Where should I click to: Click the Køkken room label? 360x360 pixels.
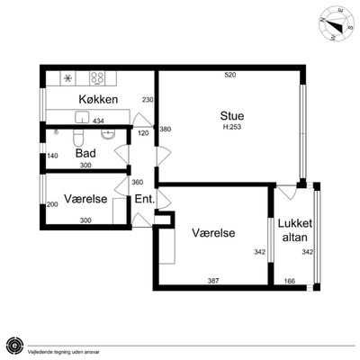[x=98, y=99]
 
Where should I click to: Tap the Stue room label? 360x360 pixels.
[x=232, y=116]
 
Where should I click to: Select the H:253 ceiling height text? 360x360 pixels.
[x=232, y=127]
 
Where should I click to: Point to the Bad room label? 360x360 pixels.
[x=85, y=153]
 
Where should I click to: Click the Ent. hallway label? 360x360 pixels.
[x=145, y=199]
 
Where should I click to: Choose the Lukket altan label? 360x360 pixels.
[x=295, y=230]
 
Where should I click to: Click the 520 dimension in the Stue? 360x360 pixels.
[x=230, y=75]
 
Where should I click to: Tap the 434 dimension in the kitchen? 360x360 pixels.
[x=98, y=121]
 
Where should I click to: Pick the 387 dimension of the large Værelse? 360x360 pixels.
[x=213, y=281]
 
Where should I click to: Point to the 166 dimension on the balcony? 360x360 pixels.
[x=289, y=281]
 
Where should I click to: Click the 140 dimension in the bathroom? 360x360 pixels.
[x=52, y=156]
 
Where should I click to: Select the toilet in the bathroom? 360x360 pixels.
[x=77, y=138]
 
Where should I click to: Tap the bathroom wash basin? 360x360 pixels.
[x=108, y=135]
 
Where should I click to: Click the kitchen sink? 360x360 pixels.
[x=82, y=117]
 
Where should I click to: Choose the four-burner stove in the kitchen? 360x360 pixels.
[x=97, y=78]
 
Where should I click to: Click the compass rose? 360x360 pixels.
[x=336, y=24]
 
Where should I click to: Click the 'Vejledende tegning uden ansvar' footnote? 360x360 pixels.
[x=64, y=352]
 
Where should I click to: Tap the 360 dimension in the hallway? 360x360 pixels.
[x=138, y=182]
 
